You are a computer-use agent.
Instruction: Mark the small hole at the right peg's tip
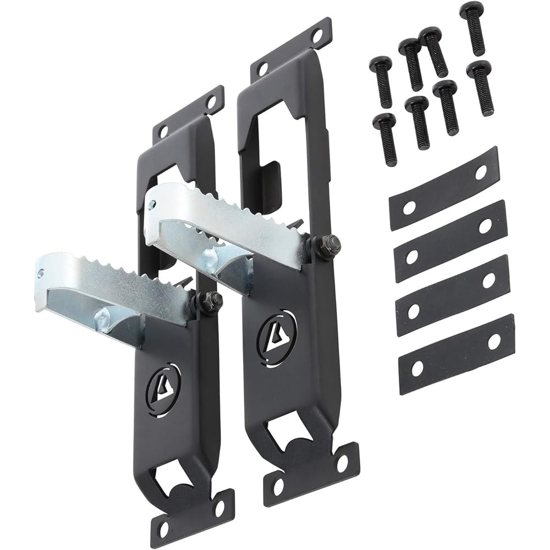151,205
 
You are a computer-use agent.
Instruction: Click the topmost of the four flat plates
444,189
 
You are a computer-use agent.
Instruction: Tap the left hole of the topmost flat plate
409,207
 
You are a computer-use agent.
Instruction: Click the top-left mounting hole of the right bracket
263,69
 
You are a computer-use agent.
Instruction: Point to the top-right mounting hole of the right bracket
317,35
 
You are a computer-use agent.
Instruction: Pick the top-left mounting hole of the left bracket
163,132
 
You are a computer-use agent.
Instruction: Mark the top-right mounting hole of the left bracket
211,102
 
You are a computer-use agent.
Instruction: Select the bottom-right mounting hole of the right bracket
342,463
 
